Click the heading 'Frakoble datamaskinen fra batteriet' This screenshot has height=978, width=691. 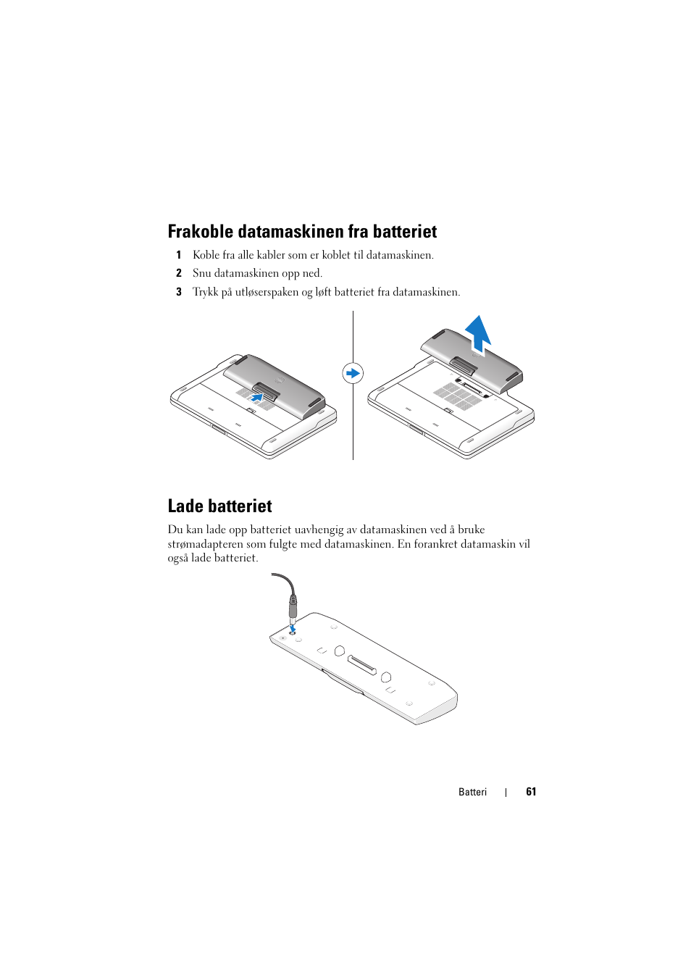(302, 232)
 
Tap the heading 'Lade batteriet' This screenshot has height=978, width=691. (219, 506)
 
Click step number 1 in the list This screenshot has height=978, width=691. (179, 255)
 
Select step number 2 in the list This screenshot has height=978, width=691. (179, 273)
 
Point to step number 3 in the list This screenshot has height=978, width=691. (179, 292)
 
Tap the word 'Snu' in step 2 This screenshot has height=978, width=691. (201, 273)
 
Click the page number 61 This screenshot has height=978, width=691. (531, 792)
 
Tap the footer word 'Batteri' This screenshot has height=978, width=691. (472, 792)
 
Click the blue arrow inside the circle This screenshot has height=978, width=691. (353, 373)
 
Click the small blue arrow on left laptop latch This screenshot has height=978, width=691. (256, 397)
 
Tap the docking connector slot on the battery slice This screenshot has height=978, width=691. (362, 664)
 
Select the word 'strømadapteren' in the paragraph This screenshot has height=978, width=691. (205, 544)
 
